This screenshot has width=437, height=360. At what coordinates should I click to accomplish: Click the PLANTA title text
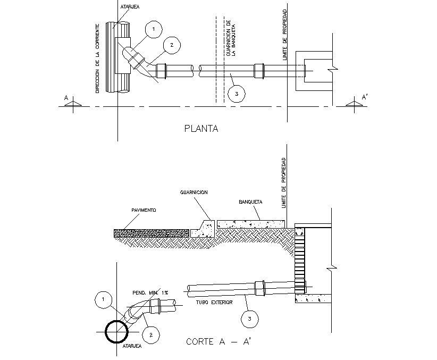pyautogui.click(x=201, y=128)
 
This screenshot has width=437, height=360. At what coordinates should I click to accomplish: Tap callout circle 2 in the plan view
pyautogui.click(x=172, y=46)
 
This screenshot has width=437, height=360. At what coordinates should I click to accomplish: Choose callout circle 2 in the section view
pyautogui.click(x=151, y=335)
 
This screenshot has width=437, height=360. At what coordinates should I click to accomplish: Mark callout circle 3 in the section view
pyautogui.click(x=249, y=319)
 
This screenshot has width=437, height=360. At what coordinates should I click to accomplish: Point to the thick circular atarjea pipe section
pyautogui.click(x=116, y=333)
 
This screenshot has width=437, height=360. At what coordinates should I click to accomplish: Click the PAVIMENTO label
pyautogui.click(x=144, y=211)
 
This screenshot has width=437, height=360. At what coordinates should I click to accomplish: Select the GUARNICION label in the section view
pyautogui.click(x=193, y=192)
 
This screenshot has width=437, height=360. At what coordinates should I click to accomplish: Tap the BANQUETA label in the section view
pyautogui.click(x=249, y=203)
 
